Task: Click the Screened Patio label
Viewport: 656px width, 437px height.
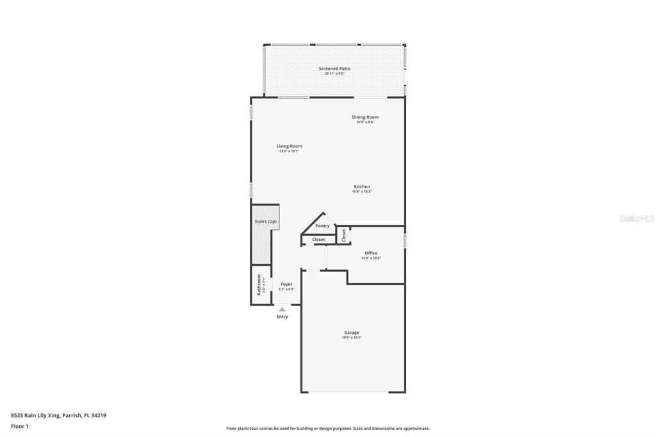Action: (334, 69)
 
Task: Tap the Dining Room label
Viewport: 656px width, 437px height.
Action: (365, 117)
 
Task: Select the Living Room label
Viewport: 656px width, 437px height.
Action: (289, 146)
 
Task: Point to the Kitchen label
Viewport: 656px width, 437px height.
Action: (362, 186)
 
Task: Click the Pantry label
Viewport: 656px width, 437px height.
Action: (322, 226)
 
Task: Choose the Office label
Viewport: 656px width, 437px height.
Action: (371, 253)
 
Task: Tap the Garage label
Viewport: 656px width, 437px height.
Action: (352, 333)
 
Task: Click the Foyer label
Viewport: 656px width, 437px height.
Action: (286, 284)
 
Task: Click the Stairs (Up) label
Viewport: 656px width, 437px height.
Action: (266, 222)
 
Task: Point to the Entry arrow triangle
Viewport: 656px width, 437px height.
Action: (282, 309)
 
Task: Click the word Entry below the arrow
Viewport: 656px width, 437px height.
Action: (282, 317)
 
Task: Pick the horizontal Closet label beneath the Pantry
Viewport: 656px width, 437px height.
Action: (318, 240)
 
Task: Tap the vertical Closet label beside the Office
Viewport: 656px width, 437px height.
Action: (344, 235)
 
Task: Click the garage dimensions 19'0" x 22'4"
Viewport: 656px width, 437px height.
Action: (352, 338)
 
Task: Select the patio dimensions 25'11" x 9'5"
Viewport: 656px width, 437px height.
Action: (334, 74)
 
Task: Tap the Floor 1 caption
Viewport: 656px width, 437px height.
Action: (20, 426)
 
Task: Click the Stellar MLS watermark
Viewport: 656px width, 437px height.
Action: (636, 218)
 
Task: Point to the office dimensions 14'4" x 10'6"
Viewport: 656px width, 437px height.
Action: (371, 258)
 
